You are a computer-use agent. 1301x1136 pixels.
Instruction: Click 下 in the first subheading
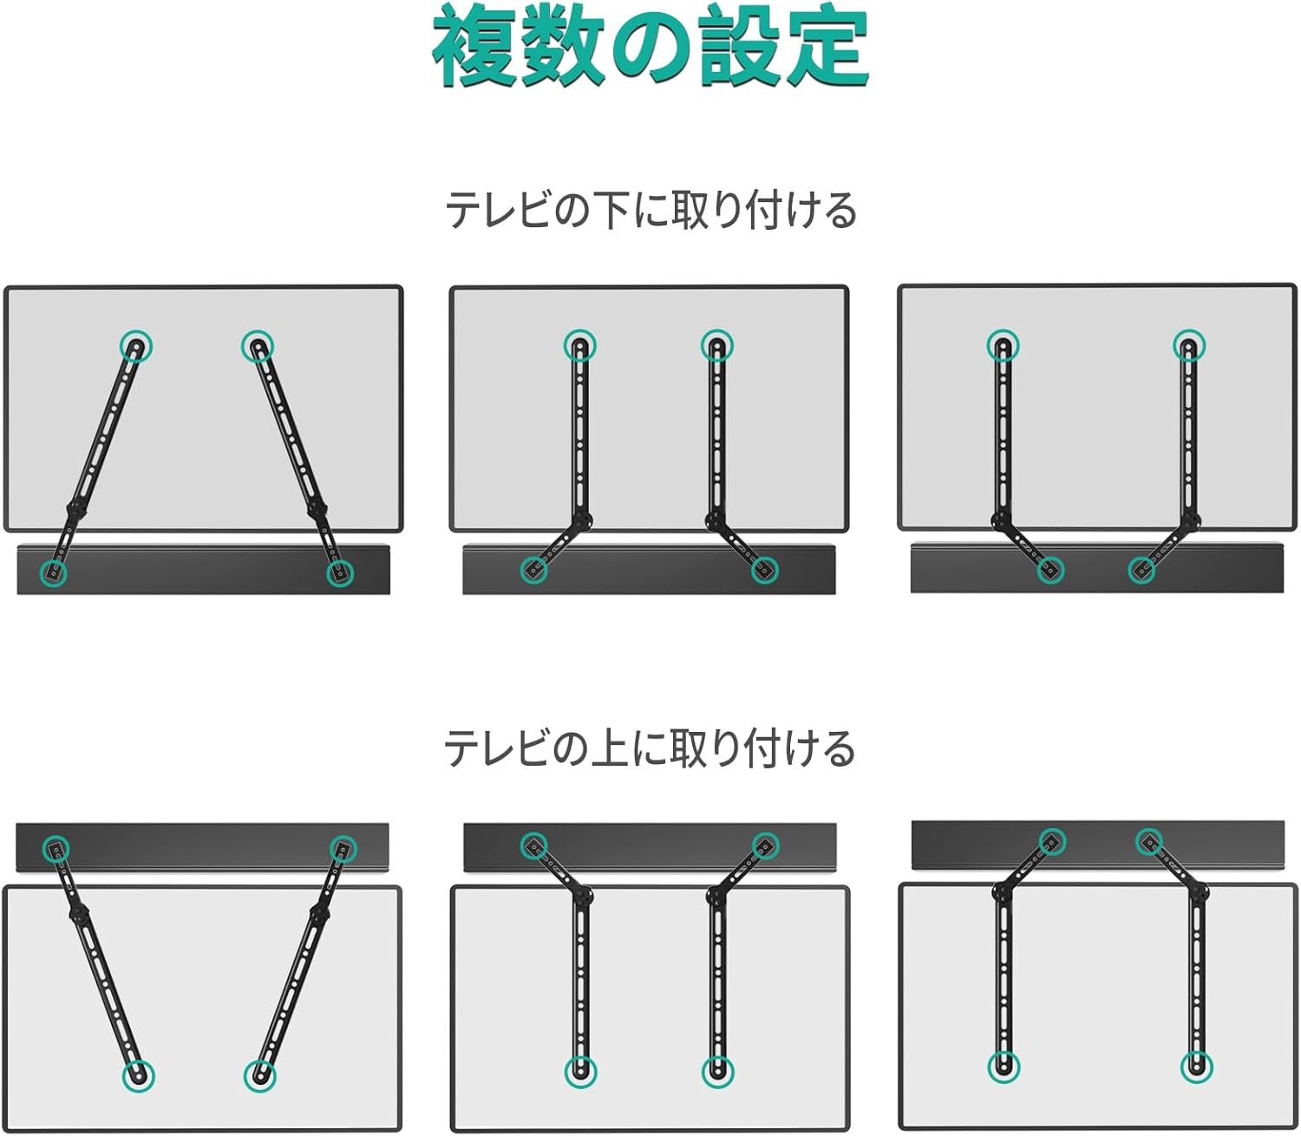pyautogui.click(x=612, y=211)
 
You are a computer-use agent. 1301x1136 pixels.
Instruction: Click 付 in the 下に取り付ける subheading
pyautogui.click(x=762, y=211)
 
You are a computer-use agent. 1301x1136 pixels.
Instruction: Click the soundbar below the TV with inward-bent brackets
pyautogui.click(x=1096, y=568)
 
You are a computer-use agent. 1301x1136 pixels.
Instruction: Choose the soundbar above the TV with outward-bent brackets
pyautogui.click(x=649, y=847)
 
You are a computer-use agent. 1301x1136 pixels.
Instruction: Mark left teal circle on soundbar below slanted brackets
pyautogui.click(x=54, y=571)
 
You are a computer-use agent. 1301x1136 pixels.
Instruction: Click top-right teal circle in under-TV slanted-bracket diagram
pyautogui.click(x=258, y=347)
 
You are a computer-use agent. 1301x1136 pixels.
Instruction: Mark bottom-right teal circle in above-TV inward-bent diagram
pyautogui.click(x=1196, y=1067)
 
